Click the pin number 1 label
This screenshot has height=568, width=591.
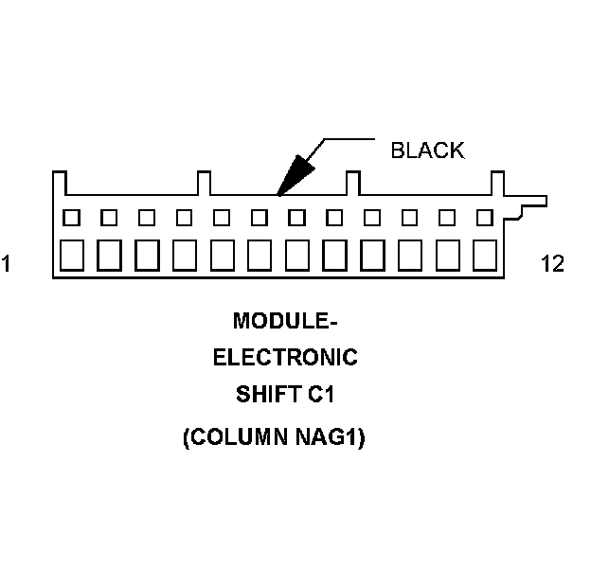6,264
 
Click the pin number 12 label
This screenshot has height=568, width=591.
552,264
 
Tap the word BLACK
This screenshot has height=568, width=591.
427,151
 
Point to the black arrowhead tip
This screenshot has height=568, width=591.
278,194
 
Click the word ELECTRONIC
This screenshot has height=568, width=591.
285,358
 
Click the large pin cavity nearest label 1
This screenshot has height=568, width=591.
71,255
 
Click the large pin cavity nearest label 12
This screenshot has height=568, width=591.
484,255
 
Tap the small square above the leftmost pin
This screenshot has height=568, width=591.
71,218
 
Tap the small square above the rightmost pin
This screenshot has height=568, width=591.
484,218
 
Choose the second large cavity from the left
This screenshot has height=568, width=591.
109,255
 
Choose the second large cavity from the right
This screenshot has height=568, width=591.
447,255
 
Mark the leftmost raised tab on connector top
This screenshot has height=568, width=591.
60,182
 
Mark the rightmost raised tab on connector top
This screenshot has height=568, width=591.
496,182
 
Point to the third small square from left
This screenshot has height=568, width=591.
146,218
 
